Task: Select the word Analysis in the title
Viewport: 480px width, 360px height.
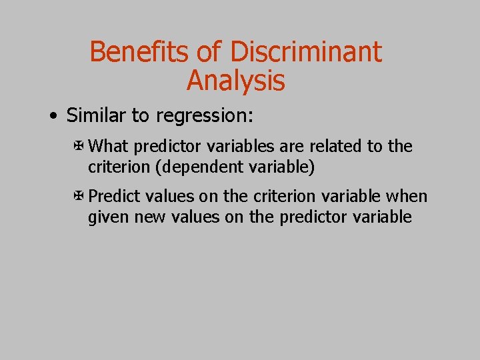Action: pyautogui.click(x=235, y=81)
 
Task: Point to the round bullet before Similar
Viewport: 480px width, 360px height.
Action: pyautogui.click(x=53, y=117)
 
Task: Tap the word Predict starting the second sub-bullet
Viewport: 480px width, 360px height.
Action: pyautogui.click(x=114, y=197)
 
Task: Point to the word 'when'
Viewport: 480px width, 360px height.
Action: pyautogui.click(x=409, y=197)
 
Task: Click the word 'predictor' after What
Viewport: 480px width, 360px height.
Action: pyautogui.click(x=166, y=146)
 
